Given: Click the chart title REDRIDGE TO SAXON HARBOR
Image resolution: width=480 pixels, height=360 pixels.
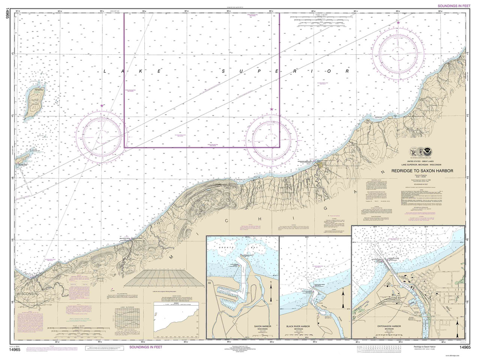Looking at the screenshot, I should point(422,171).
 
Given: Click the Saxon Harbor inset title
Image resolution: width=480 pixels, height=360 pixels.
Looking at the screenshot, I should point(260,326).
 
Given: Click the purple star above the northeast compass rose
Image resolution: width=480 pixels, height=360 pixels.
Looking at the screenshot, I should point(398,23).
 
